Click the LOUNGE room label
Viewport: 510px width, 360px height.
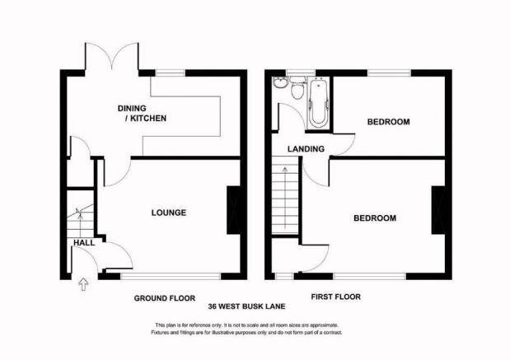169,213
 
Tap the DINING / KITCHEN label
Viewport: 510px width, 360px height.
143,113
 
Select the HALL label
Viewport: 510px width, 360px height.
84,242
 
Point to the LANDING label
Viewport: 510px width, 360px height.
306,149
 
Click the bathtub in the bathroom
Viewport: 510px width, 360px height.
318,104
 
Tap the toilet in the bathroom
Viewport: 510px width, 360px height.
297,87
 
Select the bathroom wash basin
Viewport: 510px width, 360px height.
280,83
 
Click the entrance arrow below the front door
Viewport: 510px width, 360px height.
83,284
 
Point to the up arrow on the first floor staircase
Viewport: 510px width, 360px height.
285,198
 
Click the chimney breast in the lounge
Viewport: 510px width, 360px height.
233,210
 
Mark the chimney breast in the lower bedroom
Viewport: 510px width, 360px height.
438,210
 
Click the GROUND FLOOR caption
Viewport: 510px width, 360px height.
165,298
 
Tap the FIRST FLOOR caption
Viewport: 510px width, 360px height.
335,297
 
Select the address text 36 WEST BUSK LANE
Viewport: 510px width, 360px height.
246,306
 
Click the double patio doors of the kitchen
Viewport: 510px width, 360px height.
112,56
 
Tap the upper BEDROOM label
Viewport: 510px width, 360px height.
388,122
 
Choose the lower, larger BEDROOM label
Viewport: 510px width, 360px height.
375,217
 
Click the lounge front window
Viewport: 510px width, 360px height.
171,277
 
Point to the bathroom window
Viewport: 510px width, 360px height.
297,72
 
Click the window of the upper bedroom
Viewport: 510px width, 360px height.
390,72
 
